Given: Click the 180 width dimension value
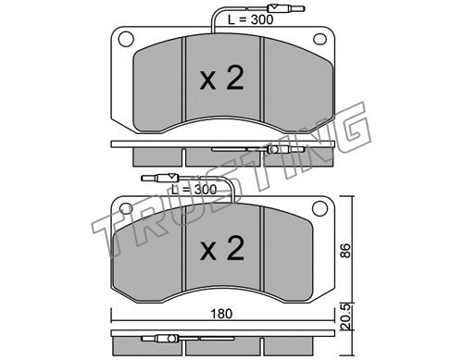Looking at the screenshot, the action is [221, 314].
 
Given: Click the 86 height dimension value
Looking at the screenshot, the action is [345, 251].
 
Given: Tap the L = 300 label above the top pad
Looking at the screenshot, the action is [250, 19].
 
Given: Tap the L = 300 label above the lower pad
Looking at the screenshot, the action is [194, 190].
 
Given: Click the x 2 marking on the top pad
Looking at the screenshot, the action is [221, 79].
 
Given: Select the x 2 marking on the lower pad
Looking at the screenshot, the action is [221, 248].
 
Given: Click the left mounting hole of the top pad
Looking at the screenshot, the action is [126, 40].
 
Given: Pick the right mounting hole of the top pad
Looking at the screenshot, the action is [319, 39].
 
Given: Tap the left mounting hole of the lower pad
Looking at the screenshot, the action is [126, 208].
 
